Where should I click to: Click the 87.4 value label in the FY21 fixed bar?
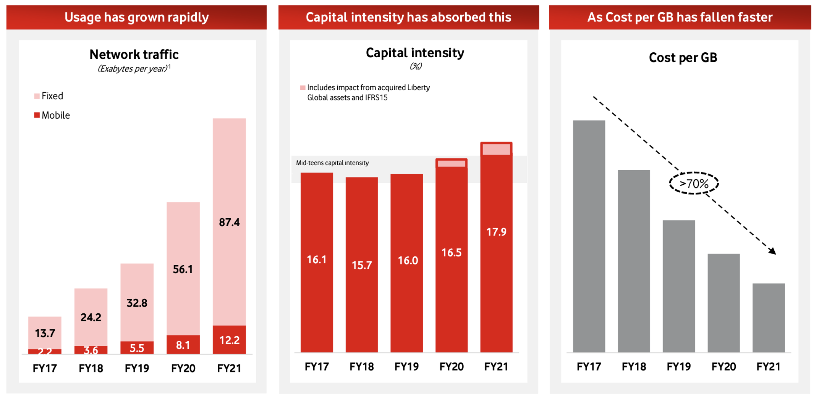pos(229,222)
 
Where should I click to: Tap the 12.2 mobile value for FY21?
pos(229,340)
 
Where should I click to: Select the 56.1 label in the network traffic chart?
pos(183,269)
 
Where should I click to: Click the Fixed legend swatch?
pos(37,96)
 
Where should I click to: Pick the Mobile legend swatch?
pos(37,115)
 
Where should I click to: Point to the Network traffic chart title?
pos(134,55)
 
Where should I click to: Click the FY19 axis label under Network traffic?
pos(137,368)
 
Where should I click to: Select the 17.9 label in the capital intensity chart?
pos(496,232)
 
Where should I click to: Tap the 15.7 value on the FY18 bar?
pos(361,265)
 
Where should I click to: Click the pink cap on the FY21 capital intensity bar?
pos(496,149)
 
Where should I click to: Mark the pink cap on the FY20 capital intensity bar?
pos(452,164)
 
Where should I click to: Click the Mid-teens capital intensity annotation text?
pos(332,163)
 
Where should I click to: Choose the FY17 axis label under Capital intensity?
pos(317,367)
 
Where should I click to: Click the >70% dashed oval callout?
pos(694,184)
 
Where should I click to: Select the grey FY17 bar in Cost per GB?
pos(589,237)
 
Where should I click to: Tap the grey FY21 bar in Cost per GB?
pos(769,318)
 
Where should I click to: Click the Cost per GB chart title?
pos(683,58)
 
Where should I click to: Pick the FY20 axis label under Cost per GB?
pos(724,367)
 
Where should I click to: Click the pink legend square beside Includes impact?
pos(303,88)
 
